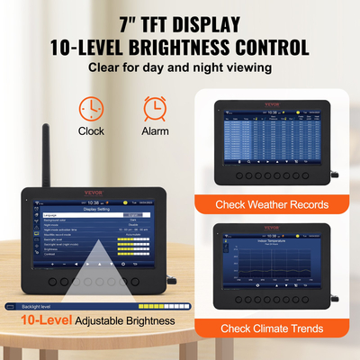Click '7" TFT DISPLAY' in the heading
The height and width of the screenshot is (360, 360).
click(180, 21)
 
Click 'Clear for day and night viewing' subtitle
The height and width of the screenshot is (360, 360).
click(180, 67)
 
